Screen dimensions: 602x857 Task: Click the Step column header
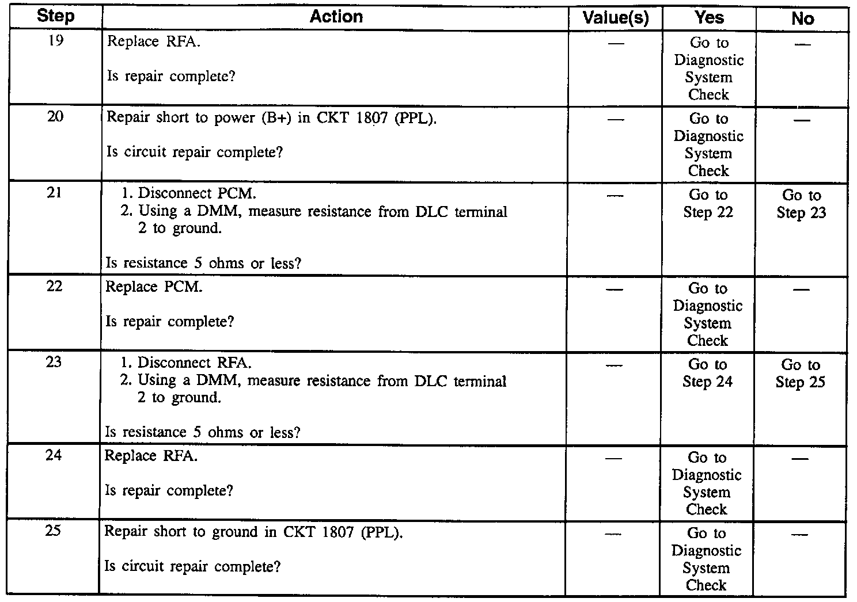tap(55, 17)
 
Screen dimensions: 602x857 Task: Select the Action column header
tap(336, 17)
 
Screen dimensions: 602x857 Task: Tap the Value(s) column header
tap(616, 18)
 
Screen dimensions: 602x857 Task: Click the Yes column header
tap(709, 18)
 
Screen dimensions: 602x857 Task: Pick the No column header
tap(802, 18)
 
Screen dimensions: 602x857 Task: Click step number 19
tap(55, 41)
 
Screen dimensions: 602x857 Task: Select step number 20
tap(55, 117)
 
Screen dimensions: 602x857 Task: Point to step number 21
tap(55, 193)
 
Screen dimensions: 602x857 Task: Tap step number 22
tap(54, 287)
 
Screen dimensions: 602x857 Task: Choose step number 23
tap(54, 363)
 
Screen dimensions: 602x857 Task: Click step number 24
tap(54, 456)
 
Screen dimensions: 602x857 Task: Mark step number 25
tap(53, 531)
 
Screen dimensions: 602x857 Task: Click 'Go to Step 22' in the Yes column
tap(708, 204)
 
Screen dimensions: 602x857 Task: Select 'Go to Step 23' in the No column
tap(801, 204)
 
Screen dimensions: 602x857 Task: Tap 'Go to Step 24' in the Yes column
tap(707, 373)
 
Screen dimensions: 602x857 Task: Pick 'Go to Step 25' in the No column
tap(800, 374)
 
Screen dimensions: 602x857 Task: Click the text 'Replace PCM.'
tap(154, 287)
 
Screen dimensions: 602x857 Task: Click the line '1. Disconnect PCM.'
tap(188, 193)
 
